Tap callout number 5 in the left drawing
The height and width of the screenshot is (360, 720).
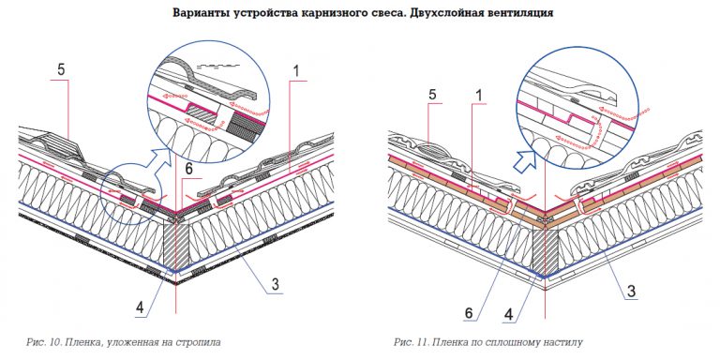(x=61, y=71)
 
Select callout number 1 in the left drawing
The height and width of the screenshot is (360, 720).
(x=296, y=71)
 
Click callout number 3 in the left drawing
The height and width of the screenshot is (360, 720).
(x=275, y=285)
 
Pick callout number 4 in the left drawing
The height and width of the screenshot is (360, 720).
(x=140, y=309)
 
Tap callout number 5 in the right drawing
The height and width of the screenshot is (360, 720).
(x=432, y=95)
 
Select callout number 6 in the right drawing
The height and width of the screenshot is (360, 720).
(x=469, y=313)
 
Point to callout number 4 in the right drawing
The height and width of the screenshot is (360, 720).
(x=508, y=315)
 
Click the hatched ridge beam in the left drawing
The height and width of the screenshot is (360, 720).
(x=176, y=246)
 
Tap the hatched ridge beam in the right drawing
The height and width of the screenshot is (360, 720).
(x=545, y=250)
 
